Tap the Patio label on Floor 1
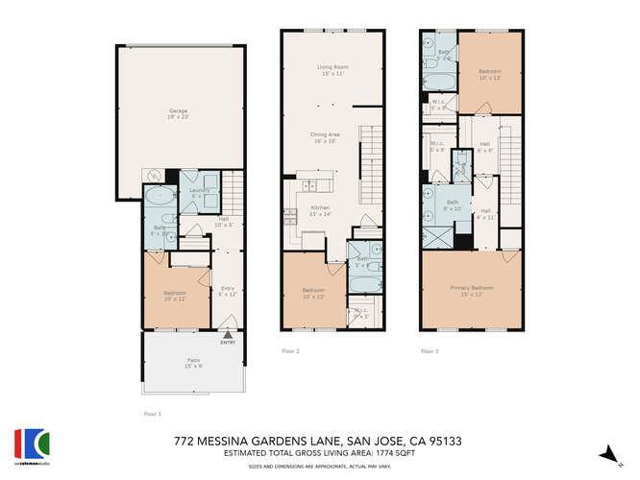(x=194, y=362)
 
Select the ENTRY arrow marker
(x=228, y=335)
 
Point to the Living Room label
(x=332, y=69)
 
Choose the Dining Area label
(x=324, y=136)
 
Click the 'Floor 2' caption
(x=290, y=351)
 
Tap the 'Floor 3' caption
(x=430, y=351)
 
